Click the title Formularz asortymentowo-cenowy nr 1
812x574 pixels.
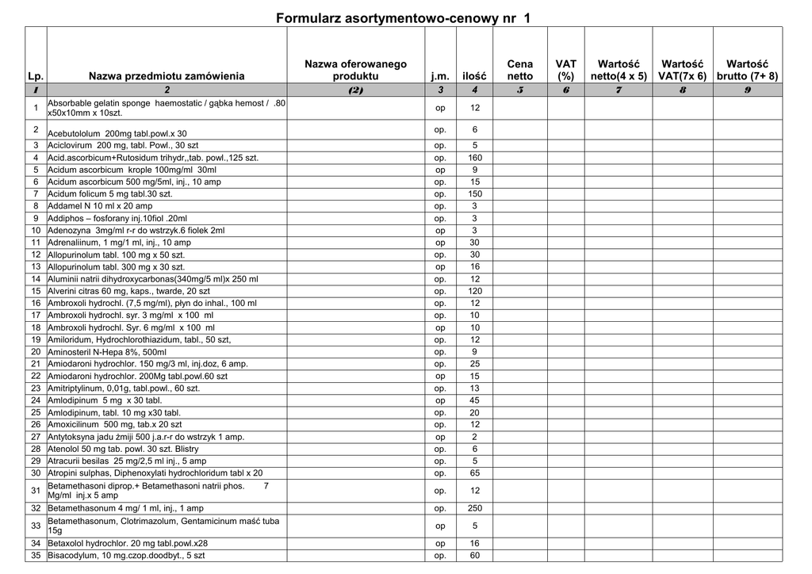tap(404, 17)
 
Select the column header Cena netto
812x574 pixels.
tap(520, 70)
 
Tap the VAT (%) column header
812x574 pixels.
tap(565, 70)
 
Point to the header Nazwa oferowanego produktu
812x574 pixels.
tap(355, 70)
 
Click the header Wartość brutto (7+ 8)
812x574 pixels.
tap(747, 70)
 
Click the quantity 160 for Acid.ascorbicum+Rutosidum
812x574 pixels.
tap(475, 158)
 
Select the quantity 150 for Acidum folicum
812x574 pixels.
tap(475, 194)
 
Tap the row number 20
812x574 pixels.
tap(36, 352)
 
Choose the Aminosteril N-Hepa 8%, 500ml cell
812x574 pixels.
tap(108, 352)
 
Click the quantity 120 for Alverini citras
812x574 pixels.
tap(475, 292)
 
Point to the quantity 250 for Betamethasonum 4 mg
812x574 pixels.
tap(475, 508)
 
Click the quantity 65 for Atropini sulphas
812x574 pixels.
tap(475, 473)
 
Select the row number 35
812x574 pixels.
tap(36, 556)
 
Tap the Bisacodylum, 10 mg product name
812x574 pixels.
tap(126, 556)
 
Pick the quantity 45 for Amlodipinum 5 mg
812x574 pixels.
tap(475, 400)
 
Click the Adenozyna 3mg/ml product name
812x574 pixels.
tap(136, 231)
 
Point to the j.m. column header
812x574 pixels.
tap(440, 76)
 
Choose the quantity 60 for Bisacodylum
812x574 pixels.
tap(475, 556)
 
